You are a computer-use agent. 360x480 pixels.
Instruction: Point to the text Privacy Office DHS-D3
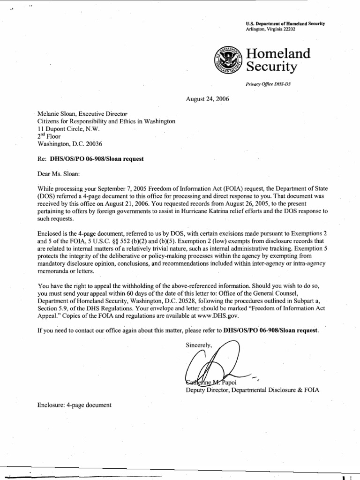271,84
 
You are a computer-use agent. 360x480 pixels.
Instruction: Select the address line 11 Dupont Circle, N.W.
68,128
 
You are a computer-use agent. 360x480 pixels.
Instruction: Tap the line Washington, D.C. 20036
70,144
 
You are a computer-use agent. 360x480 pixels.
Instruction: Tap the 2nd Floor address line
50,136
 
